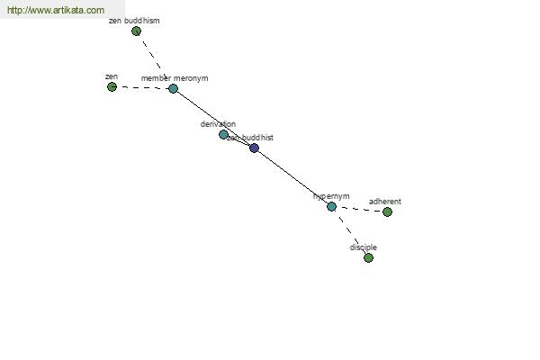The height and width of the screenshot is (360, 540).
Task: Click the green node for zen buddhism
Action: click(136, 31)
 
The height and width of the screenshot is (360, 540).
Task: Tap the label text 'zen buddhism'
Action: click(134, 20)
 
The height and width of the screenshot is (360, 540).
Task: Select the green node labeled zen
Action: click(112, 87)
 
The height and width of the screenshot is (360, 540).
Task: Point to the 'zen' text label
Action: click(112, 77)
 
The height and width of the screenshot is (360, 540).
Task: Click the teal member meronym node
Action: click(173, 89)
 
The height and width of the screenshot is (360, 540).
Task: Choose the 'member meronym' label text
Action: click(175, 78)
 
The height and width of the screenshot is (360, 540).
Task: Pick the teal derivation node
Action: click(223, 135)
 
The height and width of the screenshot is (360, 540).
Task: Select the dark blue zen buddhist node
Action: click(254, 148)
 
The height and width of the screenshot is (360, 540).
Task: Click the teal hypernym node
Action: click(331, 207)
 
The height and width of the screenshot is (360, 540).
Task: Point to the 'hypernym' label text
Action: click(331, 196)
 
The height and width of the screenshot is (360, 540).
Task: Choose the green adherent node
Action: click(387, 212)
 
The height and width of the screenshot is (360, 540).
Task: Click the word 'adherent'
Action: click(385, 202)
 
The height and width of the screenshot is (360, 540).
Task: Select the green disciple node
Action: click(368, 258)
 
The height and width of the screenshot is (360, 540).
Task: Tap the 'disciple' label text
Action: click(364, 247)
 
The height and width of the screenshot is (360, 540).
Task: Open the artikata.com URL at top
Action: click(56, 10)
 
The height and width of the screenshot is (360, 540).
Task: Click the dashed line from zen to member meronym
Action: click(142, 88)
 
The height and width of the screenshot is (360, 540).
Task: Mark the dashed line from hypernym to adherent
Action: click(359, 210)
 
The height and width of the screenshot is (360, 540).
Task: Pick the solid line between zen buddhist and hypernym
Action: click(292, 177)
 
